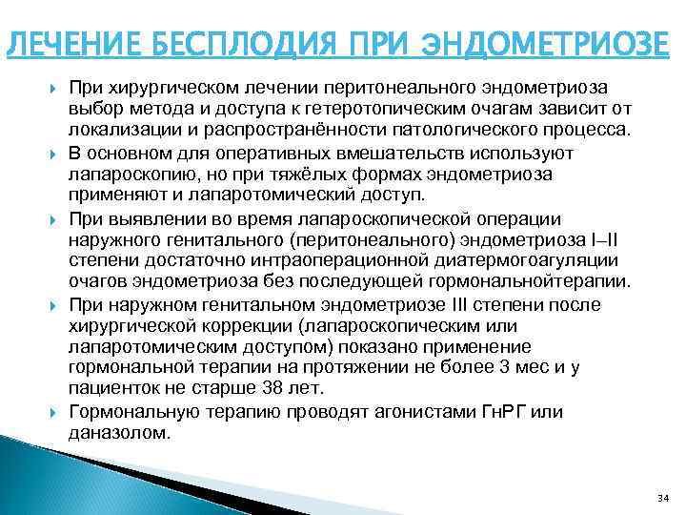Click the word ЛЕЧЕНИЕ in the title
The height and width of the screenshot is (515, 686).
pos(69,44)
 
